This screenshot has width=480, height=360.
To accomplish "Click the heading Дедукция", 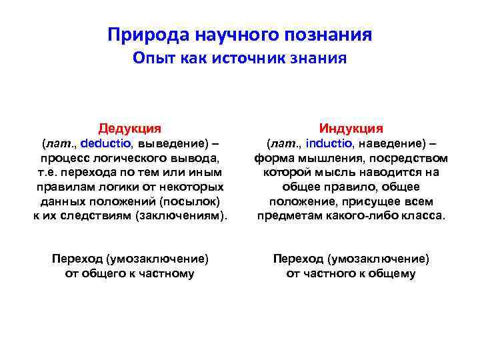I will pos(130,127).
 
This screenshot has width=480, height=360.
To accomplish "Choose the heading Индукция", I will pos(351,127).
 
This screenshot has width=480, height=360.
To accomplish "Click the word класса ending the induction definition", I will pos(425,215).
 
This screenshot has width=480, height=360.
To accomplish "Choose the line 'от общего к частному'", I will pos(130,273).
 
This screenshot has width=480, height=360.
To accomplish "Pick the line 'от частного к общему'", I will pos(351,273).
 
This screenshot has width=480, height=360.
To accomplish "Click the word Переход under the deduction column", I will pos(77,259).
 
